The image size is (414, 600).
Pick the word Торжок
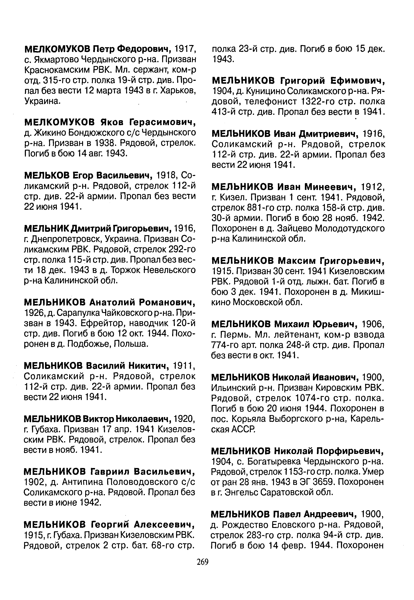[126, 270]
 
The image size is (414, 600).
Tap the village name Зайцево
[289, 228]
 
